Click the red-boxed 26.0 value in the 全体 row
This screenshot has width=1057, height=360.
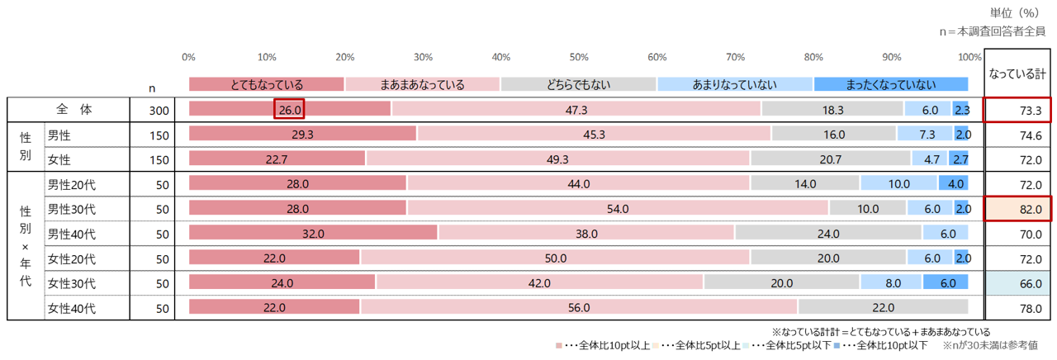coord(290,109)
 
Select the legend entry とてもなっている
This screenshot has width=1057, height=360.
coord(267,84)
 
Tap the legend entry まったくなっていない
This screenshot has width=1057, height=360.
coord(890,84)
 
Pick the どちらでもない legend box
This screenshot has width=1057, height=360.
coord(578,84)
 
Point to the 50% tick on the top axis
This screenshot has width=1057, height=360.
coord(579,57)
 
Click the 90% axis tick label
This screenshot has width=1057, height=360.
coord(892,57)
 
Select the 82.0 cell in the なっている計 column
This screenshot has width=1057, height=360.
coord(1018,209)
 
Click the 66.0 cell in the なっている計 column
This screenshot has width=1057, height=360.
coord(1018,283)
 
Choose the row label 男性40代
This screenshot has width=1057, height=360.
coord(71,234)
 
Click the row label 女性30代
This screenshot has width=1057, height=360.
coord(71,283)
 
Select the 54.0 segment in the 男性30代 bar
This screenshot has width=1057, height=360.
coord(618,209)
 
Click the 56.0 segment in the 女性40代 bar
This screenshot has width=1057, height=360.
coord(579,308)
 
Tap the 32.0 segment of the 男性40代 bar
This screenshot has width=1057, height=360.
coord(313,234)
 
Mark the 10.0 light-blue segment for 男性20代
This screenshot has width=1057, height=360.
coord(898,184)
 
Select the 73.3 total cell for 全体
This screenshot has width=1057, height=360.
coord(1018,110)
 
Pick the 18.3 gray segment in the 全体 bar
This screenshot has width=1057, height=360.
coord(832,109)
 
